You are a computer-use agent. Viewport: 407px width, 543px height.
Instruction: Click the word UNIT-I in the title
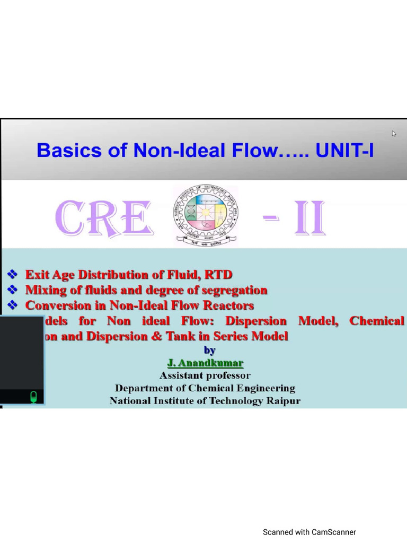click(x=344, y=151)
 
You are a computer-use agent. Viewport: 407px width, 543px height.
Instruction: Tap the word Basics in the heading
click(x=62, y=151)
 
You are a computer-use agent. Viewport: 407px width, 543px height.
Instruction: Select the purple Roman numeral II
click(x=309, y=219)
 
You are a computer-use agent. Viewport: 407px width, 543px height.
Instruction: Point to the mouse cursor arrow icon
click(x=394, y=134)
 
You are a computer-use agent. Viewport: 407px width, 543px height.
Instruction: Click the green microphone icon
click(x=33, y=397)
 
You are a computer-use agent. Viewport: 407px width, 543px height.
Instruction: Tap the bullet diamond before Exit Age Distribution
click(x=12, y=275)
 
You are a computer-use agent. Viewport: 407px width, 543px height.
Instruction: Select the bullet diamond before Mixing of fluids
click(x=12, y=290)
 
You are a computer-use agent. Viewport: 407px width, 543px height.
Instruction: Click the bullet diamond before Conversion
click(x=12, y=305)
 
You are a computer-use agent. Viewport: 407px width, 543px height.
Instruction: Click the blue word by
click(x=210, y=350)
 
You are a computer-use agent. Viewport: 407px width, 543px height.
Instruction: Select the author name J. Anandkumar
click(x=205, y=363)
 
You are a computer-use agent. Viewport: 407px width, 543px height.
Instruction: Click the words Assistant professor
click(x=205, y=375)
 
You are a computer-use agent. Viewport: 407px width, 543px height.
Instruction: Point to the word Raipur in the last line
click(x=283, y=401)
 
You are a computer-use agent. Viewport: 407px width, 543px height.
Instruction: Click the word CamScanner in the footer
click(x=334, y=532)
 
